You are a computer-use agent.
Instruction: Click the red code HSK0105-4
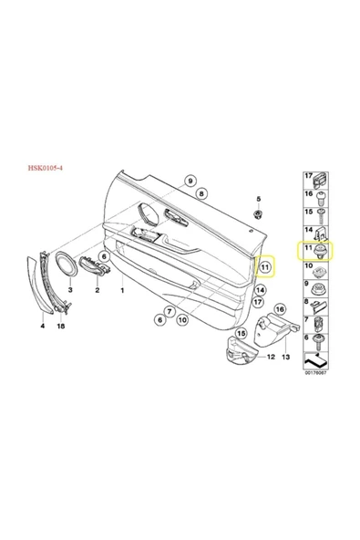tap(45, 168)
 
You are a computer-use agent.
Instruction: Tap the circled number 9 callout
tap(190, 181)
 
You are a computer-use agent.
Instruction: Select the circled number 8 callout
tap(201, 193)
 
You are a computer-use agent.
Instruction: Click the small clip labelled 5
tap(258, 213)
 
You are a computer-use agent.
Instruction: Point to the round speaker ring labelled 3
tap(67, 265)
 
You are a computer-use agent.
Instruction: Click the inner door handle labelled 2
tap(94, 267)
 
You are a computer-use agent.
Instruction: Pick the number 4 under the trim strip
tap(43, 326)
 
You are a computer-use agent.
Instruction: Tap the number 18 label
tap(61, 326)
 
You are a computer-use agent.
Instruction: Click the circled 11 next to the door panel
tap(265, 267)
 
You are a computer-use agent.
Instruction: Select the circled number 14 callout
tap(261, 290)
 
